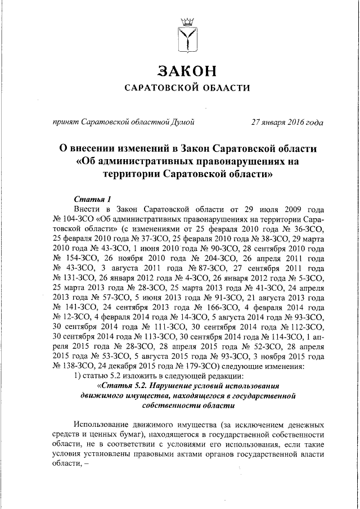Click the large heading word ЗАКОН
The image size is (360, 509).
(x=186, y=72)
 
